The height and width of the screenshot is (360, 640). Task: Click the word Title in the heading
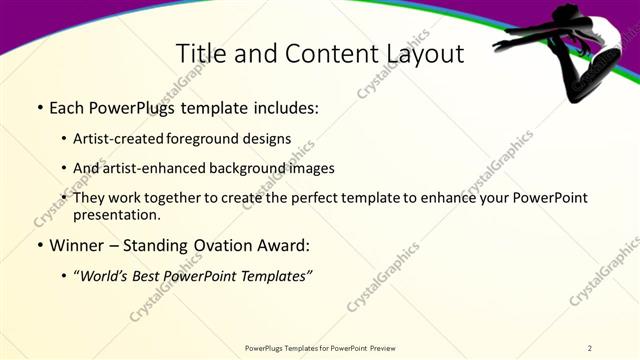click(198, 54)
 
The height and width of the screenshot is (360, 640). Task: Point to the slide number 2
click(590, 347)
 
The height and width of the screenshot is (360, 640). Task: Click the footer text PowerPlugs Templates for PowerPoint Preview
click(319, 347)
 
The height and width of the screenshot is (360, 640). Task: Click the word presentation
click(116, 214)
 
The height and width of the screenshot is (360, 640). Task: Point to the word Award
click(284, 243)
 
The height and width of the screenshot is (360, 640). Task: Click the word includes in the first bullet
click(283, 106)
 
